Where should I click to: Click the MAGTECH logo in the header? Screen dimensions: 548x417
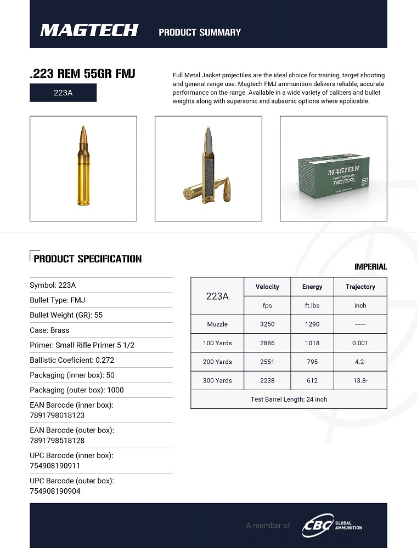click(89, 31)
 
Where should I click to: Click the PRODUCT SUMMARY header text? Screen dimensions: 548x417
click(200, 32)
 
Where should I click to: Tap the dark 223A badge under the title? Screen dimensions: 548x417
click(63, 93)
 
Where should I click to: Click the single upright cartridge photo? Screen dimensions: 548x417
click(83, 166)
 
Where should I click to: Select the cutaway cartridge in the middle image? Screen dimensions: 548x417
click(209, 164)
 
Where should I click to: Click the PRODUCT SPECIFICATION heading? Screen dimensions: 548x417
click(87, 259)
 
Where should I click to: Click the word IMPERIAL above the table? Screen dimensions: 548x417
click(370, 267)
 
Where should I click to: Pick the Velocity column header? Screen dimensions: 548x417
click(267, 287)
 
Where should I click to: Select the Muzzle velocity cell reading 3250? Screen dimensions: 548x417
click(267, 324)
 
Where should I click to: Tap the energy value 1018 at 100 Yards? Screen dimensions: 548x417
click(312, 343)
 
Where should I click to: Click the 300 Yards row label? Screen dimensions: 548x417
click(217, 380)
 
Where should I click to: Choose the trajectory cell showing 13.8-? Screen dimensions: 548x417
click(360, 380)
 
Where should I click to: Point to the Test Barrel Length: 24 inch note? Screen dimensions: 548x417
click(289, 399)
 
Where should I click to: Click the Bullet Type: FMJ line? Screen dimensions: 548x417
click(58, 300)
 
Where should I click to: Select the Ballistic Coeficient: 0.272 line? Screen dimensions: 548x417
click(72, 360)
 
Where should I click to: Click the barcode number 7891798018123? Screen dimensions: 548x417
click(57, 415)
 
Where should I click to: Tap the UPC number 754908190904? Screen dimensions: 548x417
click(55, 491)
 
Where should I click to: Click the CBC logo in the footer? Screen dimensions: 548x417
click(318, 526)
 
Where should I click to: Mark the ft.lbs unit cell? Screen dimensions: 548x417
click(312, 305)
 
